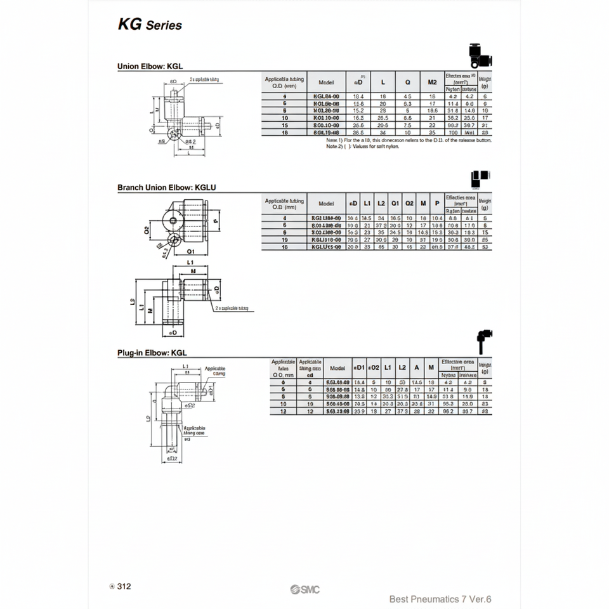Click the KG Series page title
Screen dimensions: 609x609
click(150, 25)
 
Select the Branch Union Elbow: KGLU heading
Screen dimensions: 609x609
click(162, 188)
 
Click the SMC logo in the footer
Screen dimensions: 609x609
click(305, 590)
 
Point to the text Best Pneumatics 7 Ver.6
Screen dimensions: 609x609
click(440, 599)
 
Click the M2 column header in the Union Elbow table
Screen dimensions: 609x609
click(432, 82)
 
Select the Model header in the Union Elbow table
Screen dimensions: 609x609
click(326, 82)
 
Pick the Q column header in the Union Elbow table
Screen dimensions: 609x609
click(407, 82)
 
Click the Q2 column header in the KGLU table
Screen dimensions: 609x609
click(409, 204)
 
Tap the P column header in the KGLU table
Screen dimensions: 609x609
click(436, 204)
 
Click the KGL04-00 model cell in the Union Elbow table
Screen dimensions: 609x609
click(326, 96)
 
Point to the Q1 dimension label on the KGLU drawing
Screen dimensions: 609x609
click(173, 251)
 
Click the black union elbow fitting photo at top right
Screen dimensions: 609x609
click(482, 56)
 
